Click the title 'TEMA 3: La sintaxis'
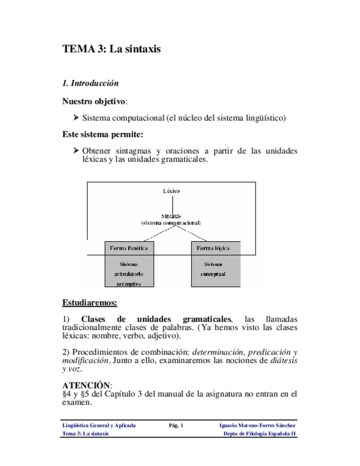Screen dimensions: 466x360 click(x=112, y=49)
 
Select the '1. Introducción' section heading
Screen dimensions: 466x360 click(x=91, y=84)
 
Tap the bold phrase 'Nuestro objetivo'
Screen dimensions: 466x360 click(x=94, y=102)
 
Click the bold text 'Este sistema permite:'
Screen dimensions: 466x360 click(x=103, y=134)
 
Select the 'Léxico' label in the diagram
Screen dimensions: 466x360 click(x=170, y=191)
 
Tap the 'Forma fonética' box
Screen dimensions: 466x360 click(x=129, y=248)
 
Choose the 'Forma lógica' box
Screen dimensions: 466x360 click(x=213, y=248)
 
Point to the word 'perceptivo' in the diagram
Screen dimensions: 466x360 click(x=129, y=284)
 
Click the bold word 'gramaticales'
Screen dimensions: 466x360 click(x=207, y=319)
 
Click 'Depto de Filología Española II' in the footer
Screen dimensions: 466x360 click(x=259, y=434)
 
